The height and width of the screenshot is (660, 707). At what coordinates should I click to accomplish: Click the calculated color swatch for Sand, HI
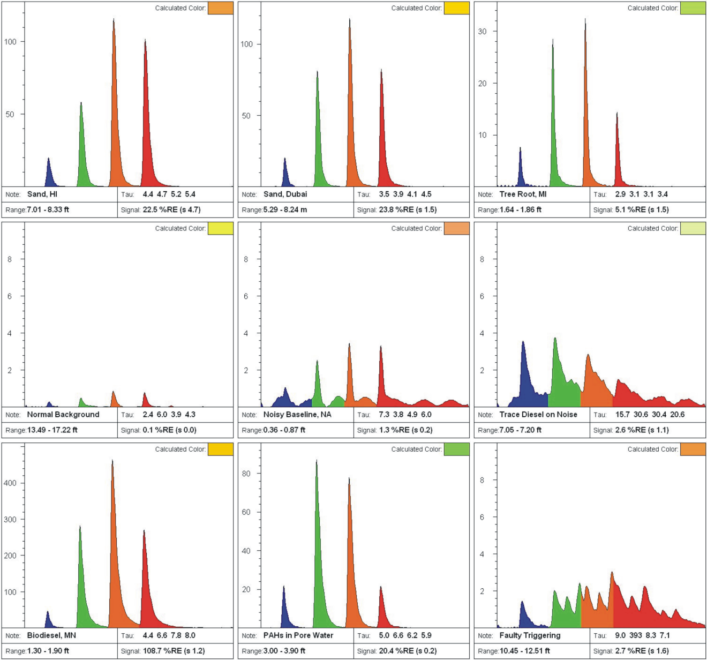(x=221, y=8)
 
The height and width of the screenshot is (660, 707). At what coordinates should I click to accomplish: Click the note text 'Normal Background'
(x=63, y=415)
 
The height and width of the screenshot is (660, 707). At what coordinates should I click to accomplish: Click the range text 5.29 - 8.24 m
(x=285, y=209)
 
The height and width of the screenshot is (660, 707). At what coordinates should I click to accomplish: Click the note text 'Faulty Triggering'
(x=530, y=635)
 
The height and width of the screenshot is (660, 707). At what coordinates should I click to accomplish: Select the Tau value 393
(x=636, y=635)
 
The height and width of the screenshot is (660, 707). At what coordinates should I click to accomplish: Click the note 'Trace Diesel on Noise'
(x=538, y=415)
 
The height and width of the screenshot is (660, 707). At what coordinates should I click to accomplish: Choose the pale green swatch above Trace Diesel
(x=693, y=229)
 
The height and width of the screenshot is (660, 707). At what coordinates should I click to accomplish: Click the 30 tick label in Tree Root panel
(x=482, y=32)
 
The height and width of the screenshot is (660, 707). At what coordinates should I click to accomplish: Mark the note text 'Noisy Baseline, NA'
(x=297, y=415)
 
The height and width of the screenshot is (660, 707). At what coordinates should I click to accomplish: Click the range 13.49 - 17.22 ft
(x=52, y=430)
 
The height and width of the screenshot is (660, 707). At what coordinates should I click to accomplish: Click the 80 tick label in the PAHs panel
(x=246, y=474)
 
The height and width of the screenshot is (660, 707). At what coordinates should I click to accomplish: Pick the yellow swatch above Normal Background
(x=221, y=229)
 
